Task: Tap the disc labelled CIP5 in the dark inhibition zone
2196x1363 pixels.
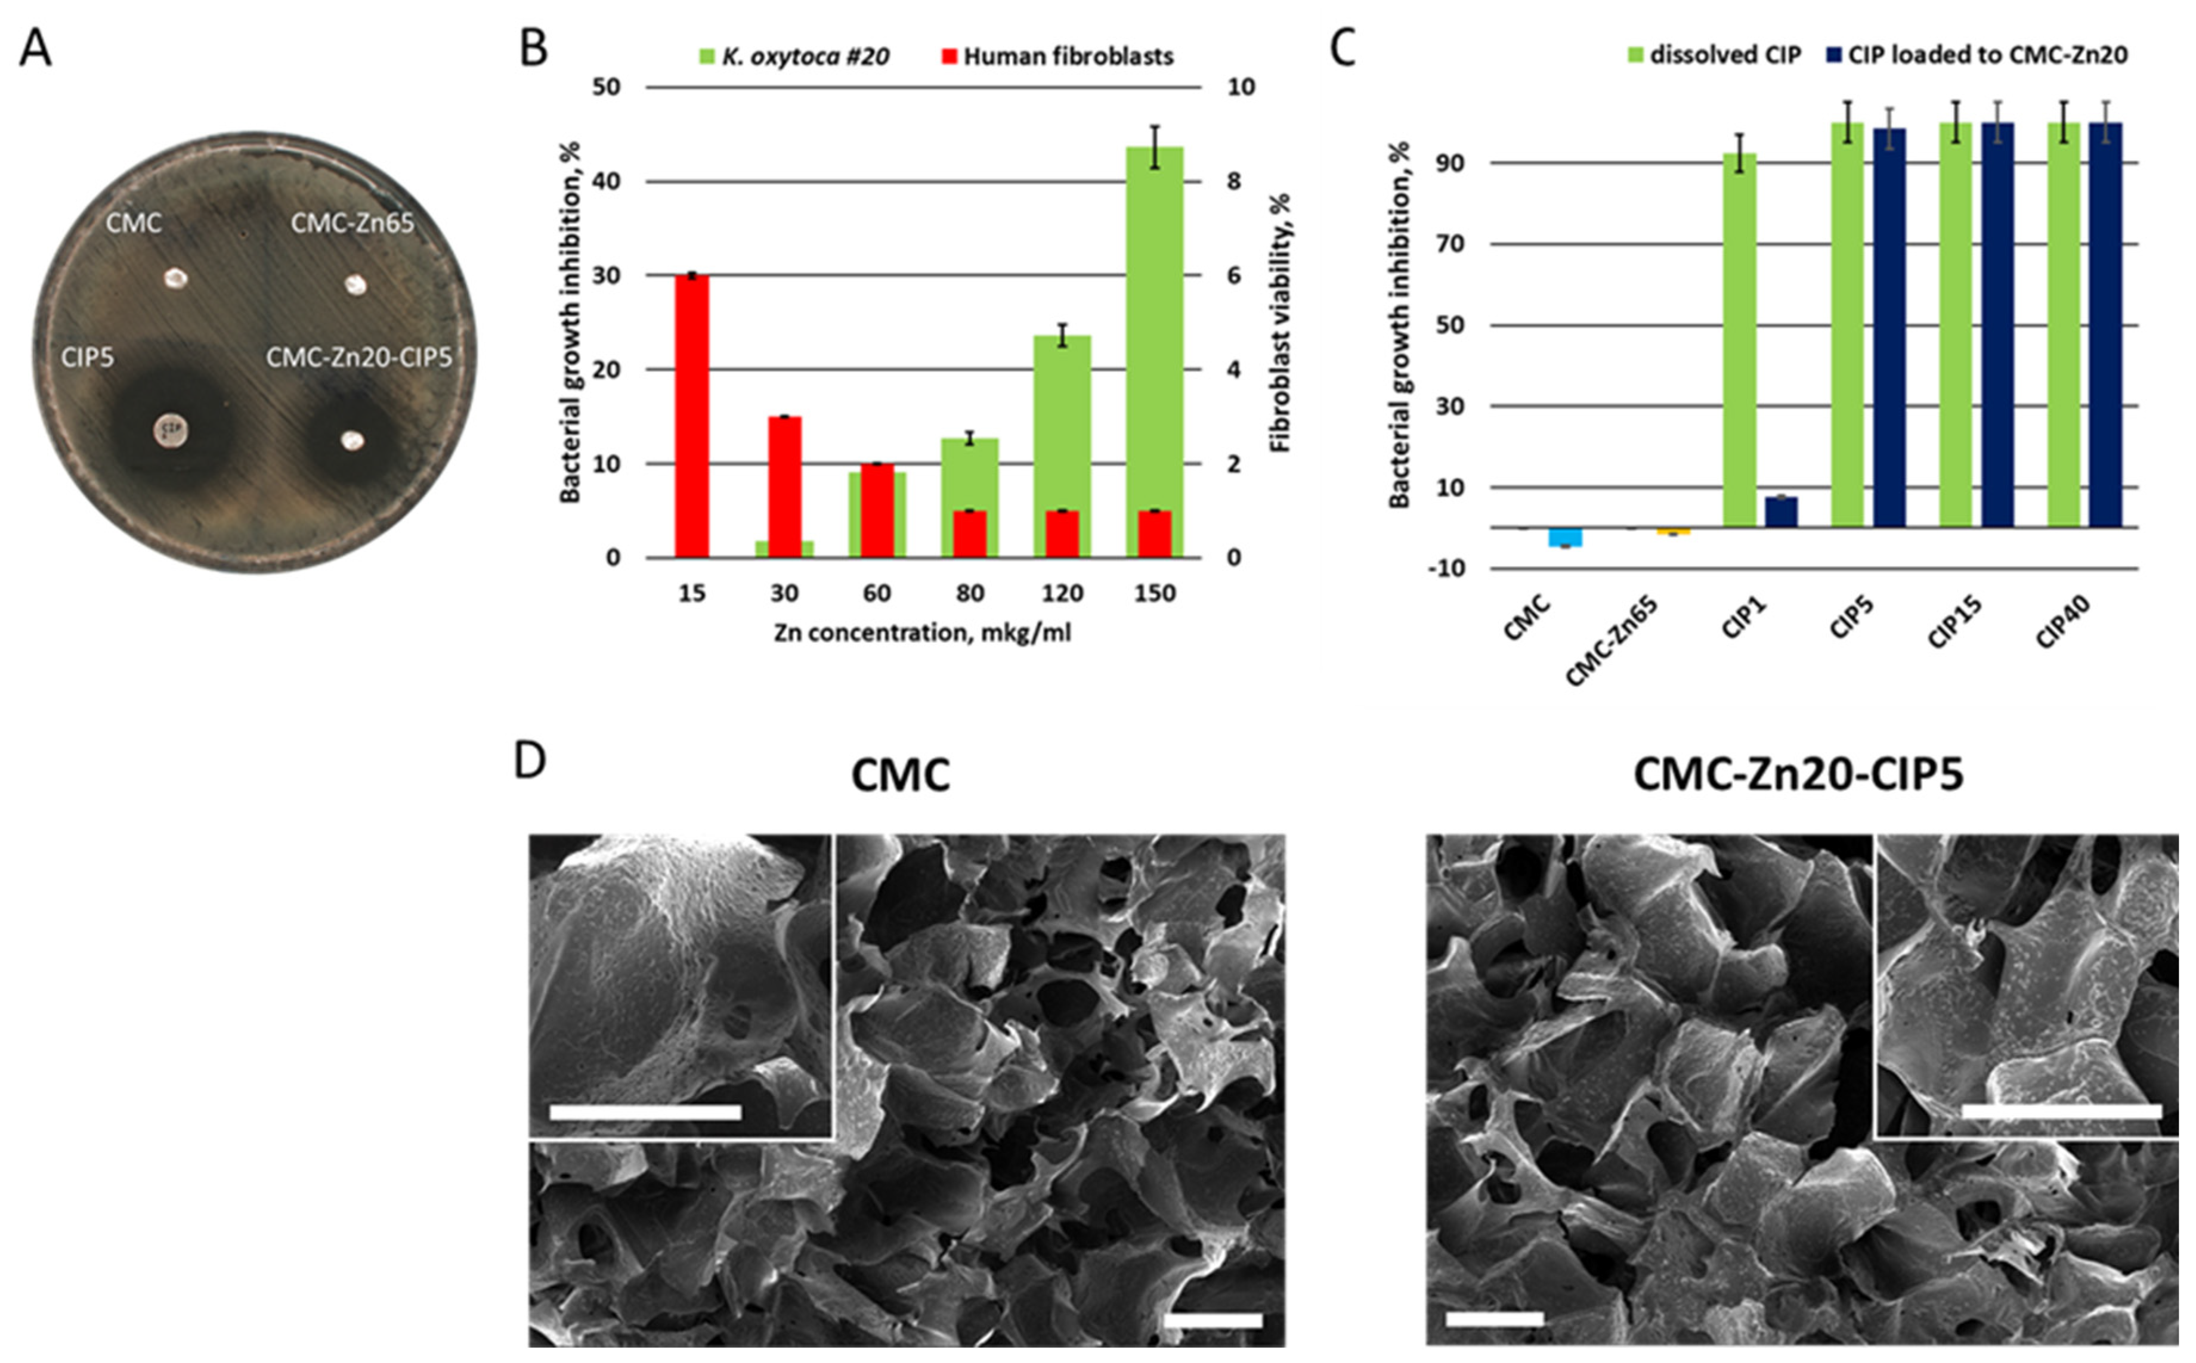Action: click(171, 430)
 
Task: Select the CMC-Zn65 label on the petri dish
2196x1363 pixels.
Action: click(352, 222)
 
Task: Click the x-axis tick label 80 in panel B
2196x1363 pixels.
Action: click(969, 594)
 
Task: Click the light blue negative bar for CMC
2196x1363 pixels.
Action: click(1565, 537)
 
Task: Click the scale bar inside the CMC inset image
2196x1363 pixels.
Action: click(645, 1113)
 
